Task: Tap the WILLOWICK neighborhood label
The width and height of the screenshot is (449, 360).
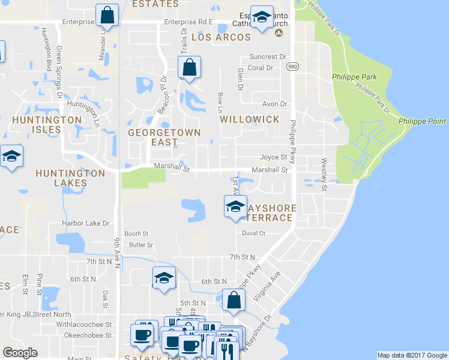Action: tap(250, 119)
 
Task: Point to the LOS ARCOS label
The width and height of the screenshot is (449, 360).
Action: tap(221, 37)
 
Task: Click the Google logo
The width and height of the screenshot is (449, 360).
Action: tap(20, 353)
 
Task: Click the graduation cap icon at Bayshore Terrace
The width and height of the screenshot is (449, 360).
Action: tap(235, 207)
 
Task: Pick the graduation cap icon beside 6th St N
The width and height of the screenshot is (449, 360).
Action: tap(163, 278)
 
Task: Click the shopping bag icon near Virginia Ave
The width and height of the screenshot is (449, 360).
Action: tap(233, 301)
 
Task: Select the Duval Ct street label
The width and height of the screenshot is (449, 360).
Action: tap(253, 233)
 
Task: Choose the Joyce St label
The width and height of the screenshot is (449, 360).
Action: tap(273, 157)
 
